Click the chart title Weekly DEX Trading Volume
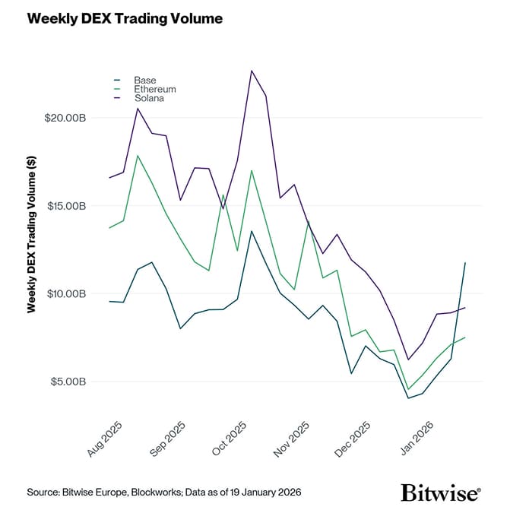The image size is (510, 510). [x=125, y=19]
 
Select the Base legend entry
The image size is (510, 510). [x=144, y=80]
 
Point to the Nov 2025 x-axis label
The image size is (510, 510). [x=293, y=439]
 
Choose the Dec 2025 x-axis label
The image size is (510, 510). [x=354, y=439]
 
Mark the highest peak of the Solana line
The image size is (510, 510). [x=252, y=71]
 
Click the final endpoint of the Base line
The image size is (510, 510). [x=465, y=262]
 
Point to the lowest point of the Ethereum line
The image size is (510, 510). [x=408, y=389]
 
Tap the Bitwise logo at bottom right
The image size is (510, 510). [x=440, y=491]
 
